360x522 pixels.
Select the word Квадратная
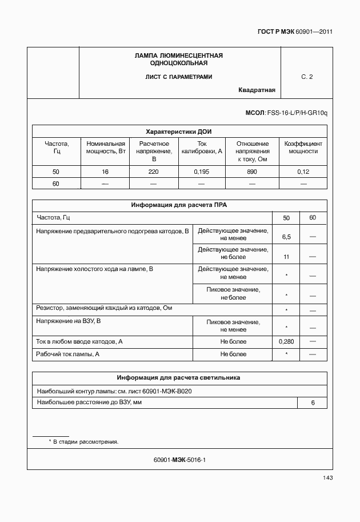[x=257, y=90]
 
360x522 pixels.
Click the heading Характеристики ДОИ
[x=179, y=131]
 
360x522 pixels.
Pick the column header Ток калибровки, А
[x=202, y=148]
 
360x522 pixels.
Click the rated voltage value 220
[x=154, y=172]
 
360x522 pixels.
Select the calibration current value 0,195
[x=202, y=172]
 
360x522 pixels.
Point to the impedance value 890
[x=253, y=172]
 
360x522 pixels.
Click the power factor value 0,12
[x=303, y=172]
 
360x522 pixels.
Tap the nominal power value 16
[x=105, y=172]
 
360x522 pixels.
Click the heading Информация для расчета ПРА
[x=179, y=205]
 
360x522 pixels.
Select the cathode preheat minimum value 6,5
[x=286, y=237]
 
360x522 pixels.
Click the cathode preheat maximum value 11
[x=286, y=257]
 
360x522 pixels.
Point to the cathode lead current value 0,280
[x=286, y=341]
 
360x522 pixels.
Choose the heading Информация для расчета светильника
[x=179, y=378]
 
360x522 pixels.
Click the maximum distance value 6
[x=313, y=403]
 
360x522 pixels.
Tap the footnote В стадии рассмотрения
[x=86, y=442]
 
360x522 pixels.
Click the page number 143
[x=327, y=478]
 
